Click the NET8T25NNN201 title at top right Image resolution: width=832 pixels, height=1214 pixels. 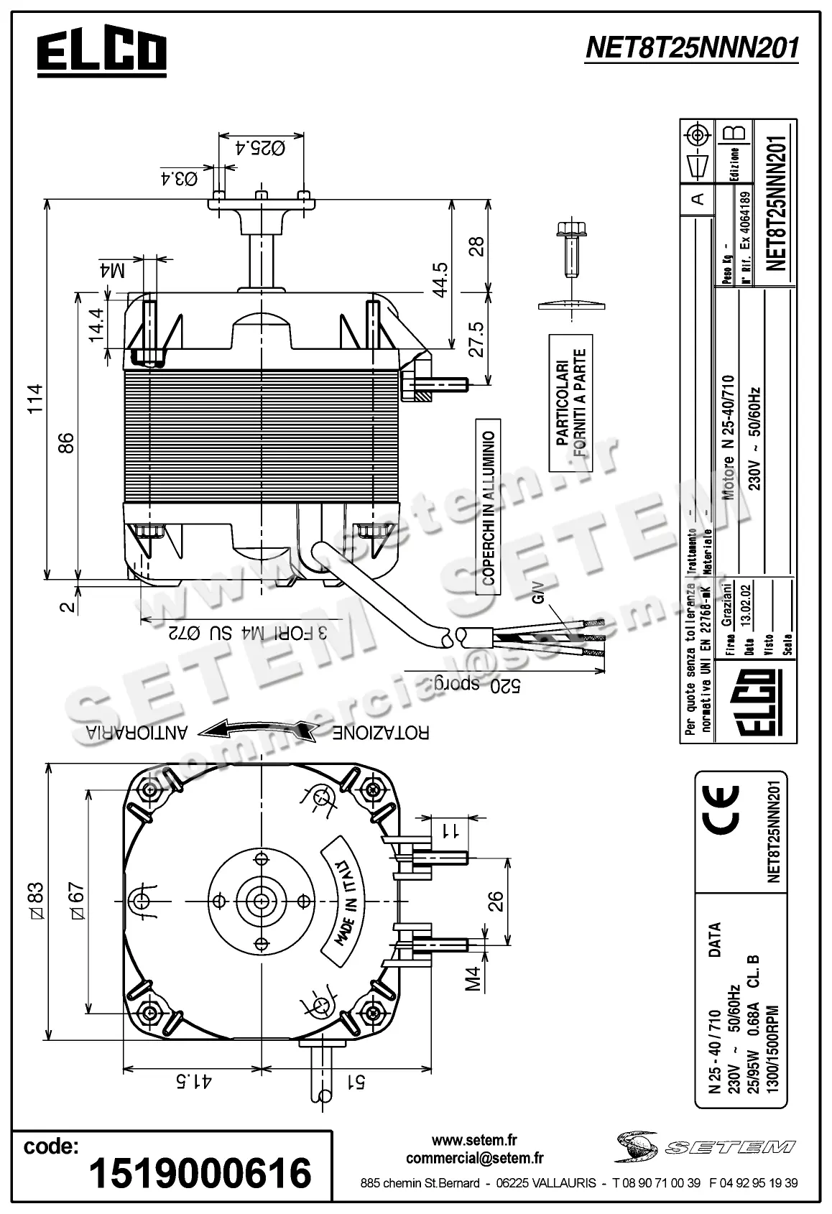[692, 49]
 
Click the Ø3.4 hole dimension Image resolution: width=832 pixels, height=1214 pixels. [179, 177]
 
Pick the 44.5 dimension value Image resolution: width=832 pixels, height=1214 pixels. [440, 279]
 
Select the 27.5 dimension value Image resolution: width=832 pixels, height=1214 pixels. [476, 338]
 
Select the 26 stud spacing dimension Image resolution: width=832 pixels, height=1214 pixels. [496, 900]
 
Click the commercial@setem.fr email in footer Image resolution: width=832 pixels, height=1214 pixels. [474, 1158]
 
